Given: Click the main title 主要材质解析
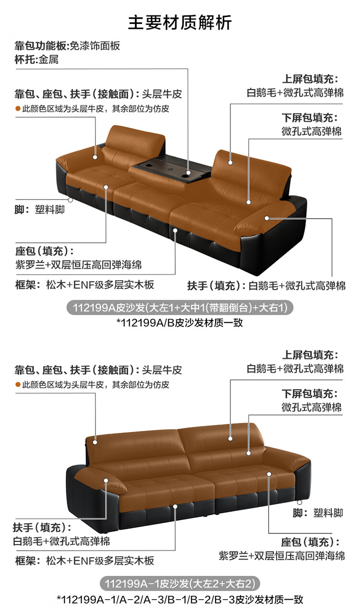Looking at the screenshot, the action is pyautogui.click(x=180, y=23).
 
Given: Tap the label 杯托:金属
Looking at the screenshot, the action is pyautogui.click(x=36, y=59).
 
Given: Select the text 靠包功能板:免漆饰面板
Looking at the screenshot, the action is pyautogui.click(x=67, y=46).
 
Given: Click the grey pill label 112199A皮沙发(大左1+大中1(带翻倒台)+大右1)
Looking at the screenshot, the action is pyautogui.click(x=180, y=307).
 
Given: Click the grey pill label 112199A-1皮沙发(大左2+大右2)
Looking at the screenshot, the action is pyautogui.click(x=180, y=583).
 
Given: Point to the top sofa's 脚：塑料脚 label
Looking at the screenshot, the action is pyautogui.click(x=40, y=210).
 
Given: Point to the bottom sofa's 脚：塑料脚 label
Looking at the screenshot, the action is pyautogui.click(x=318, y=513).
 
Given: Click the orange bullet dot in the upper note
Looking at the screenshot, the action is pyautogui.click(x=18, y=109).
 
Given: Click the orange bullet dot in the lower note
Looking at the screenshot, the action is pyautogui.click(x=18, y=385).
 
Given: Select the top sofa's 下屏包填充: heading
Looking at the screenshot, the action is pyautogui.click(x=310, y=118).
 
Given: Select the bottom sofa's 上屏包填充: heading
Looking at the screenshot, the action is pyautogui.click(x=310, y=355).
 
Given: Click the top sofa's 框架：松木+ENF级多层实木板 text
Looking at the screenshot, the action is pyautogui.click(x=84, y=284).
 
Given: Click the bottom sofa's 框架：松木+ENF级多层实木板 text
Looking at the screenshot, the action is pyautogui.click(x=84, y=561).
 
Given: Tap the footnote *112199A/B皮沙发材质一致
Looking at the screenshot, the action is pyautogui.click(x=180, y=322).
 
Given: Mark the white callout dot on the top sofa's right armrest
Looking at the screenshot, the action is pyautogui.click(x=266, y=218).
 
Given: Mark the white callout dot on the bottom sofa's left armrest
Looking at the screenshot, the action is pyautogui.click(x=106, y=480).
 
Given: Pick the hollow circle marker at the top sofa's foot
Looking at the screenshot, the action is pyautogui.click(x=71, y=200).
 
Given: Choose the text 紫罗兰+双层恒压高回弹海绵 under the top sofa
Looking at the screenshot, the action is pyautogui.click(x=79, y=265).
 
